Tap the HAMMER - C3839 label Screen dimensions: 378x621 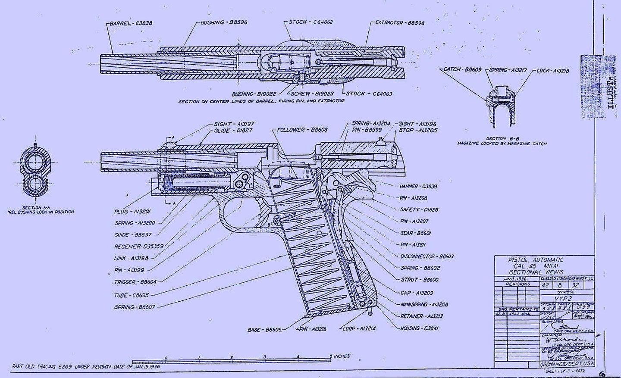click(418, 186)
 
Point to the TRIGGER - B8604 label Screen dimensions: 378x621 click(135, 282)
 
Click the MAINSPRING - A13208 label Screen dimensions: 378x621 click(424, 304)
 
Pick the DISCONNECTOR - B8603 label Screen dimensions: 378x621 click(427, 256)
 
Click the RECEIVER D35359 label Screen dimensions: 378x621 click(139, 247)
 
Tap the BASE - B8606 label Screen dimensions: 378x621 click(264, 330)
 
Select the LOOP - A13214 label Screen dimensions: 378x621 click(359, 328)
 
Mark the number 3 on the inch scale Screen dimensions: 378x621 click(265, 357)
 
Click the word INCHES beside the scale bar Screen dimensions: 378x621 click(342, 356)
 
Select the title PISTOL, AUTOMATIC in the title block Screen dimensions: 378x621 click(536, 260)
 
